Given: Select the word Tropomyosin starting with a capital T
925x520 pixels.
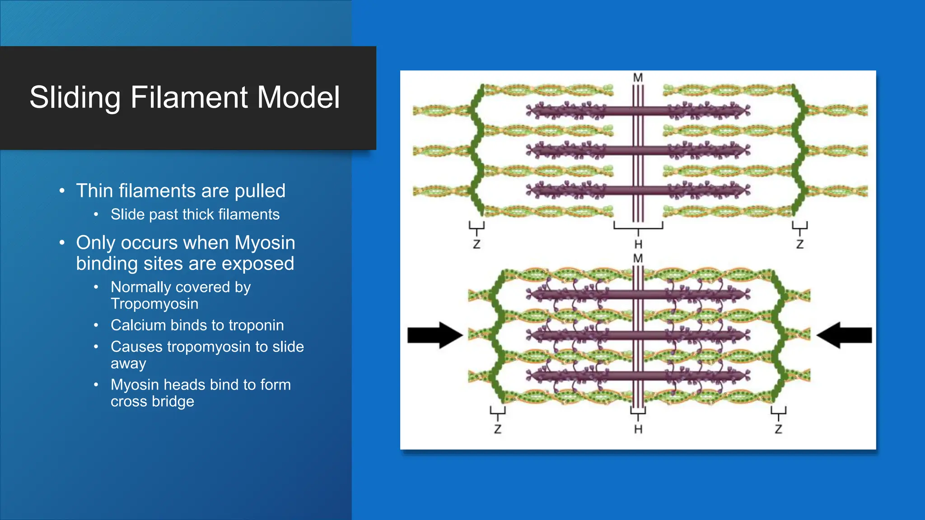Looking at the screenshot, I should coord(154,304).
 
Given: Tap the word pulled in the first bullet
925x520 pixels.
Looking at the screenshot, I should coord(260,191).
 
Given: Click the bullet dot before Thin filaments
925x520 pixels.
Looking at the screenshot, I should coord(62,190).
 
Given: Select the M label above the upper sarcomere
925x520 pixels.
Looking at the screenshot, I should coord(638,78).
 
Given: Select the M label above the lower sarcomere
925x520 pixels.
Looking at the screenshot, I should coord(638,259).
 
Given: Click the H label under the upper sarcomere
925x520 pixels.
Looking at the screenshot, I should coord(638,245).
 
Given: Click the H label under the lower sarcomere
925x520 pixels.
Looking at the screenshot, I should coord(638,429).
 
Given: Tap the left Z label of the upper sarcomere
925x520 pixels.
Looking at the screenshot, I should coord(477,245).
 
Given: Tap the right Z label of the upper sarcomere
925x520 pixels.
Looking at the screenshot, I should coord(799,245).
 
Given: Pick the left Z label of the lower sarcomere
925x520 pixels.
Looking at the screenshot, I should coord(497,429).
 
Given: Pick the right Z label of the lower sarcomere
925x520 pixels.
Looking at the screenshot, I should coord(778,429).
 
